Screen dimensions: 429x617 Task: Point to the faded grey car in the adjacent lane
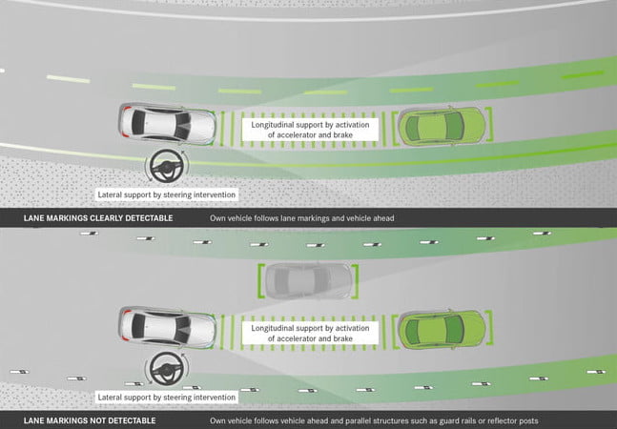306,279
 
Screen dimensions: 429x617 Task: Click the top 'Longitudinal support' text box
311,130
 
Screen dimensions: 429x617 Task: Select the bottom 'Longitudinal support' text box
311,333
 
